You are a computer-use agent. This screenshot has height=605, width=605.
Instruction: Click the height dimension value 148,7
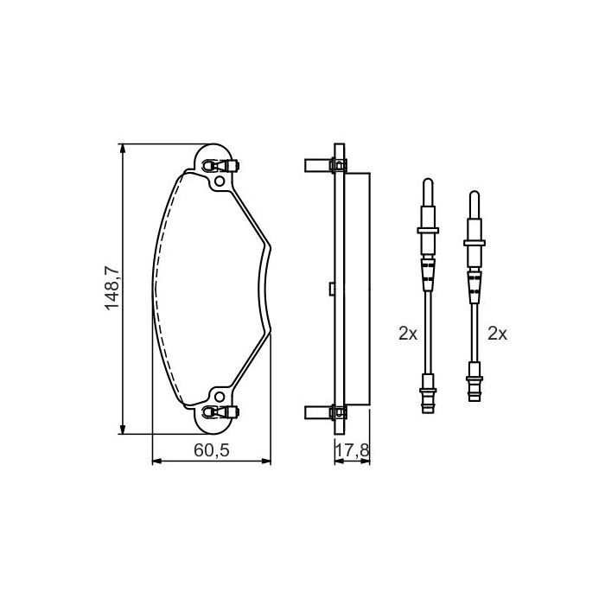coord(111,290)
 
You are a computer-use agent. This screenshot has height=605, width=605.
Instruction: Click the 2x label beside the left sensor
coord(408,332)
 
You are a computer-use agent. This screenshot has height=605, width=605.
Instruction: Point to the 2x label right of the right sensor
coord(497,332)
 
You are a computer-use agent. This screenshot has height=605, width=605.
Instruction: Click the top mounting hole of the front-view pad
coord(219,181)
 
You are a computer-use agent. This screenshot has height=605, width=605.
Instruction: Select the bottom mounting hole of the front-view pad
coord(219,398)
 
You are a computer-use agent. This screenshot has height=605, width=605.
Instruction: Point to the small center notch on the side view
coord(331,290)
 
